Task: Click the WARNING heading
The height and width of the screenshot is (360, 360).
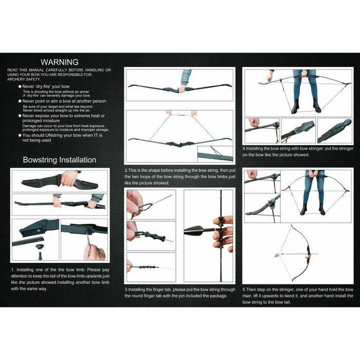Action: click(59, 62)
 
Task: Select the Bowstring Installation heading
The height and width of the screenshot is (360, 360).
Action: click(59, 160)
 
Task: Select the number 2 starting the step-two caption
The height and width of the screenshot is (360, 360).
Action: click(127, 170)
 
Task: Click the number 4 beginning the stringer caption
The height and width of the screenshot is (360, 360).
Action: click(244, 149)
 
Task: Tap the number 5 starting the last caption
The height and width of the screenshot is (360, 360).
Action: click(244, 289)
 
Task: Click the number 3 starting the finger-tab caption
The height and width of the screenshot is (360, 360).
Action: click(127, 289)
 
